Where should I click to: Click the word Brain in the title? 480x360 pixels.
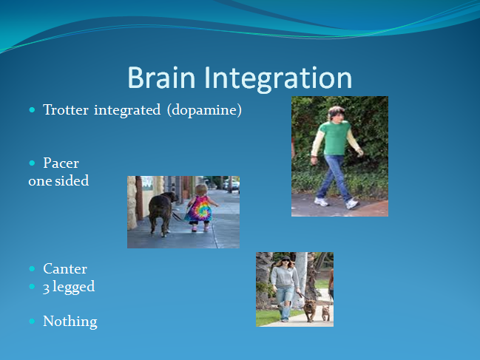click(161, 78)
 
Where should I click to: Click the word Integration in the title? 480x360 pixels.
click(278, 79)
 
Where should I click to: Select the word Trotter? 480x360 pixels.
click(66, 109)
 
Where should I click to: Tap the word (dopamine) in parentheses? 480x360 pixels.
click(204, 110)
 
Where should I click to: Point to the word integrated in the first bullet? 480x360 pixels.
click(127, 110)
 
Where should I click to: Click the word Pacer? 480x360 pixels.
click(61, 163)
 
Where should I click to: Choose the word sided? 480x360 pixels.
click(72, 180)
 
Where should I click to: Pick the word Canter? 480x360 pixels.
click(65, 268)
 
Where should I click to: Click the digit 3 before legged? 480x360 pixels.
click(46, 288)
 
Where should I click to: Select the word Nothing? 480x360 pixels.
click(70, 321)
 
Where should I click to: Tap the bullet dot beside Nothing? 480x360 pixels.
click(32, 321)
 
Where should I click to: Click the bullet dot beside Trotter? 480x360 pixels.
click(32, 110)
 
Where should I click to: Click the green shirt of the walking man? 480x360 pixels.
click(336, 137)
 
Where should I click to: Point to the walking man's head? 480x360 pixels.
click(336, 114)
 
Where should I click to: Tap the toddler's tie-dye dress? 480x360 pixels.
click(199, 209)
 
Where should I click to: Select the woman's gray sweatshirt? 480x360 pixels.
click(285, 276)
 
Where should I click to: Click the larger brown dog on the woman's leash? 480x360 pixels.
click(310, 310)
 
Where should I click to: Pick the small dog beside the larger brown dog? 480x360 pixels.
click(325, 313)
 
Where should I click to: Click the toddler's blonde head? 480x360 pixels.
click(201, 190)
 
